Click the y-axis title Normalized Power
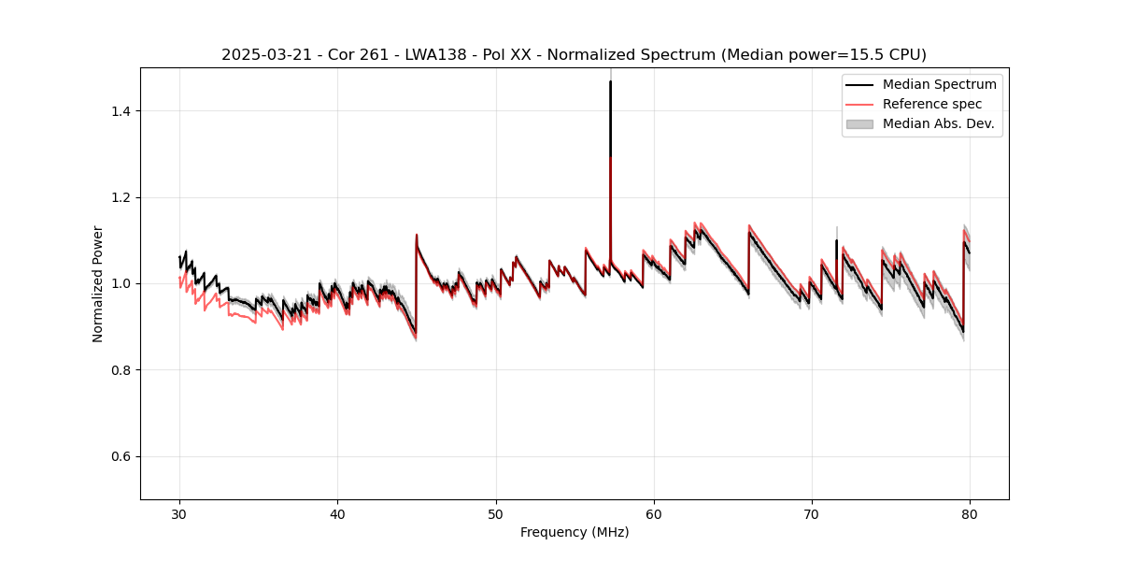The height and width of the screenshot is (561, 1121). point(98,283)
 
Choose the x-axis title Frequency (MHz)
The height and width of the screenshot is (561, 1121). point(575,532)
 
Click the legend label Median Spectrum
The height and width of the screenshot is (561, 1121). point(939,85)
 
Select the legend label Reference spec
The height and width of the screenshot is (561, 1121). point(932,104)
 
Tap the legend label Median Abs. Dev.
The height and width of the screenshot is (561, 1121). point(939,123)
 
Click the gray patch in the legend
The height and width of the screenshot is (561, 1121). point(859,123)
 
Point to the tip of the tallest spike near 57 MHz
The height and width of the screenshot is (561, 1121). point(610,81)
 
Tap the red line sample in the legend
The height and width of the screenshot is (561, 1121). point(859,104)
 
